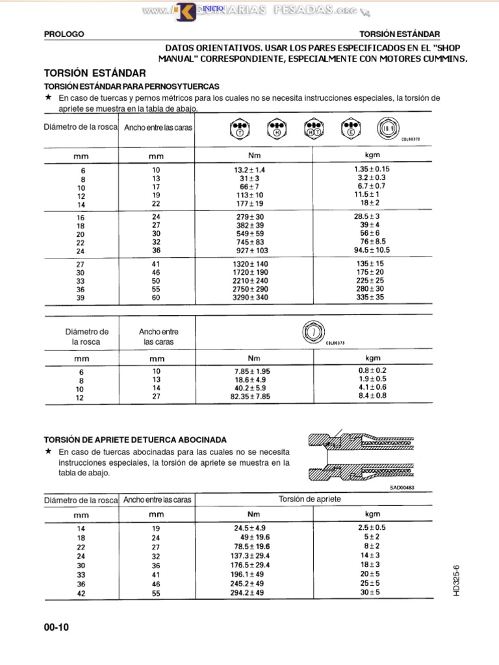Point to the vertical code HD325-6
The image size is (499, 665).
(x=457, y=579)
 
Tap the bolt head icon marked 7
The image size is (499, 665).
(x=313, y=332)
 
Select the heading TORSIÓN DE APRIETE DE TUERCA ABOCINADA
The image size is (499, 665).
(x=135, y=440)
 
